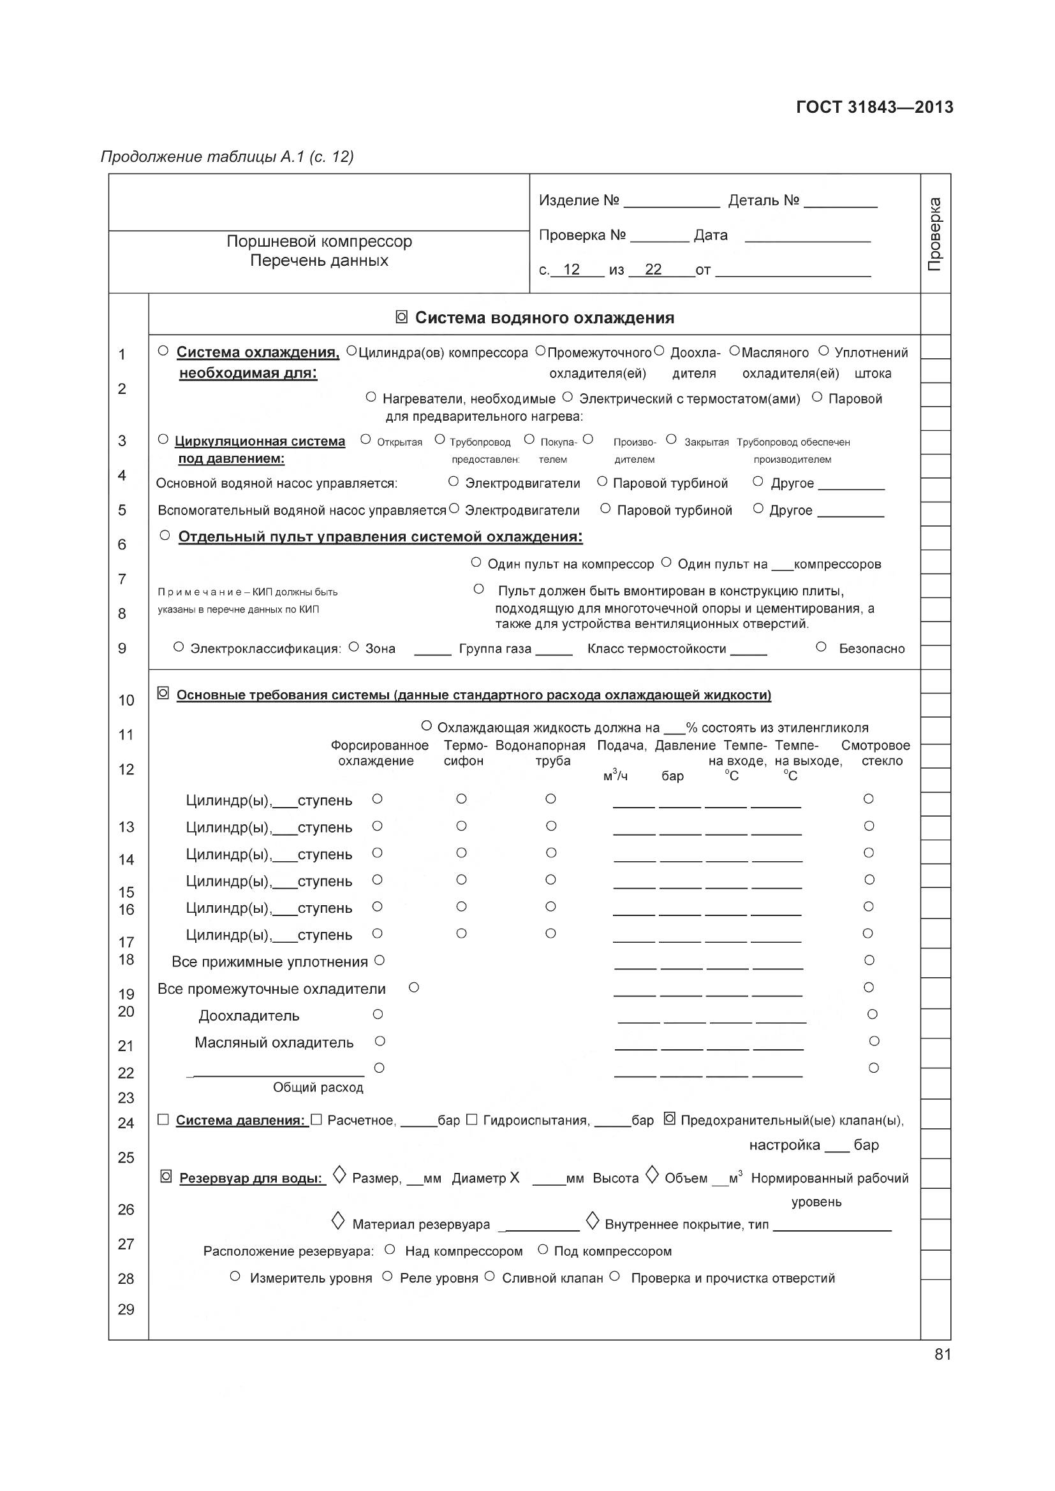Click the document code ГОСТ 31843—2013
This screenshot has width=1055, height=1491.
click(x=874, y=107)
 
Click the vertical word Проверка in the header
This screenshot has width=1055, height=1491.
click(x=934, y=234)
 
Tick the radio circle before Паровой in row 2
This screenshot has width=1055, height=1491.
click(x=817, y=396)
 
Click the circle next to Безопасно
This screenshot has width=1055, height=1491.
click(x=821, y=647)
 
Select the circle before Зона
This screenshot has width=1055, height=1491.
click(x=354, y=647)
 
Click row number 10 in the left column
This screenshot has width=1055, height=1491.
click(x=126, y=700)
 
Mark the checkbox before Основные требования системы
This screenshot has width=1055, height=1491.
click(x=163, y=693)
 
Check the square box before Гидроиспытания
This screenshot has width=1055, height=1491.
click(x=472, y=1119)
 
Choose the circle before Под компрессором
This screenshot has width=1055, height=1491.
click(x=543, y=1249)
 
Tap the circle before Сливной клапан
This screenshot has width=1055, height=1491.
click(x=490, y=1276)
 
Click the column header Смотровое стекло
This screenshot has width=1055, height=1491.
click(x=876, y=753)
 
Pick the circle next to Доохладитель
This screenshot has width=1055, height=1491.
click(x=378, y=1014)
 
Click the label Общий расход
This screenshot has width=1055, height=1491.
click(x=318, y=1087)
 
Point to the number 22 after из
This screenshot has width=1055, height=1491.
click(x=653, y=270)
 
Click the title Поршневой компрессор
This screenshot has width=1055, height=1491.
click(x=319, y=242)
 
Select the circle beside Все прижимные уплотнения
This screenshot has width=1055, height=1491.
click(x=380, y=960)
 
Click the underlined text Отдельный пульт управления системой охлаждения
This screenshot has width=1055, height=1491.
click(x=380, y=537)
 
